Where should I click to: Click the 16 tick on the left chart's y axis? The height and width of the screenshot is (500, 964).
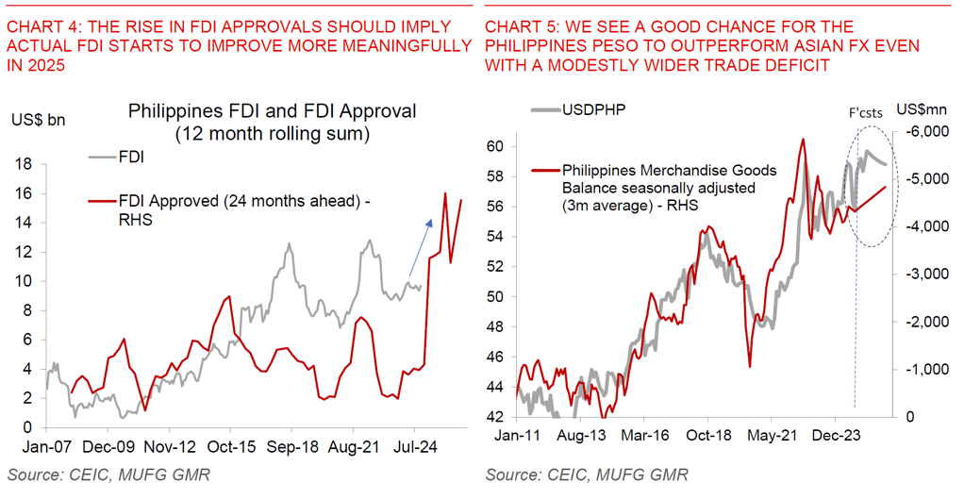point(26,193)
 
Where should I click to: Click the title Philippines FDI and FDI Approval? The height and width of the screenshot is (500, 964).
point(272,111)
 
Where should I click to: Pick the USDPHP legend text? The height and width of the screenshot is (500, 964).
point(593,109)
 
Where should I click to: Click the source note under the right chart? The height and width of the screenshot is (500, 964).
point(586,474)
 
